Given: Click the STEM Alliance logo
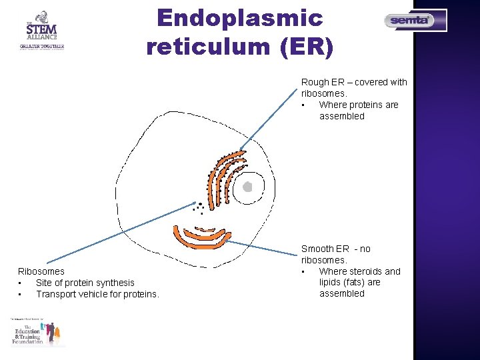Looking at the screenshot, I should click(x=41, y=30).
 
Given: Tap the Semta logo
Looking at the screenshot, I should click(x=415, y=21).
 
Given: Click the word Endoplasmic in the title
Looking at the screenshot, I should click(x=239, y=17).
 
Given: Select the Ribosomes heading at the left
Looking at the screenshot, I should click(x=41, y=271).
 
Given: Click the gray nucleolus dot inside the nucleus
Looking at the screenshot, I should click(x=247, y=187).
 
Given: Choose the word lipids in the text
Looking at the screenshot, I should click(x=331, y=282).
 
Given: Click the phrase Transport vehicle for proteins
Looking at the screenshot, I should click(x=97, y=294).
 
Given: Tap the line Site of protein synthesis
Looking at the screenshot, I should click(x=85, y=283).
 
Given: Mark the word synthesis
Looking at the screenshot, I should click(x=115, y=283).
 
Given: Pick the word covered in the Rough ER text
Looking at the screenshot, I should click(x=372, y=82).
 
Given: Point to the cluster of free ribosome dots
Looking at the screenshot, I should click(x=198, y=208).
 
